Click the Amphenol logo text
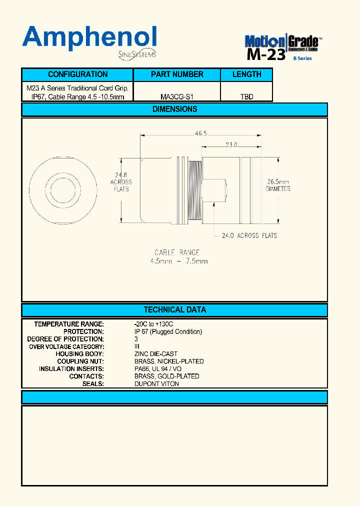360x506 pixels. [x=89, y=38]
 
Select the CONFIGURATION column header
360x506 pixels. [x=77, y=74]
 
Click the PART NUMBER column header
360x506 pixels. [x=177, y=74]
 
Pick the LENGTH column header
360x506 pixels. [x=246, y=74]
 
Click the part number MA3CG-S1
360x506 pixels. [x=177, y=96]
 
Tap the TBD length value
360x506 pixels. [x=246, y=96]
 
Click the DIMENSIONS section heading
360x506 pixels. [x=174, y=109]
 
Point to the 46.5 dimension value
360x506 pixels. [x=200, y=133]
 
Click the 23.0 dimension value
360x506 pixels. [x=231, y=145]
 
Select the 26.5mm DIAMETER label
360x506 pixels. [x=278, y=185]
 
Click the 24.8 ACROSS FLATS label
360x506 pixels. [x=121, y=182]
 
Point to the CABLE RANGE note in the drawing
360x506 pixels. [x=178, y=256]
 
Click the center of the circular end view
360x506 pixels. [x=62, y=183]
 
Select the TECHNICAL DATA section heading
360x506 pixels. [x=174, y=310]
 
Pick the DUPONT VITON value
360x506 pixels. [x=156, y=383]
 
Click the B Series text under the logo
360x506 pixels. [x=302, y=58]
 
